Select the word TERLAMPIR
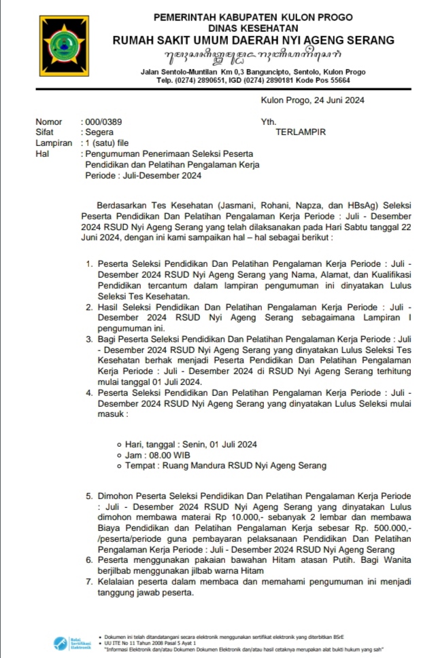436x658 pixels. (x=301, y=132)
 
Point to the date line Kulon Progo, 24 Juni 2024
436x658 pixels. (x=313, y=100)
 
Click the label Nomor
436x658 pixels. (x=49, y=122)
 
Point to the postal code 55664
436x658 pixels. (x=337, y=80)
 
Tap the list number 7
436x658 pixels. (x=88, y=581)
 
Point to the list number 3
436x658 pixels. (x=88, y=337)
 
